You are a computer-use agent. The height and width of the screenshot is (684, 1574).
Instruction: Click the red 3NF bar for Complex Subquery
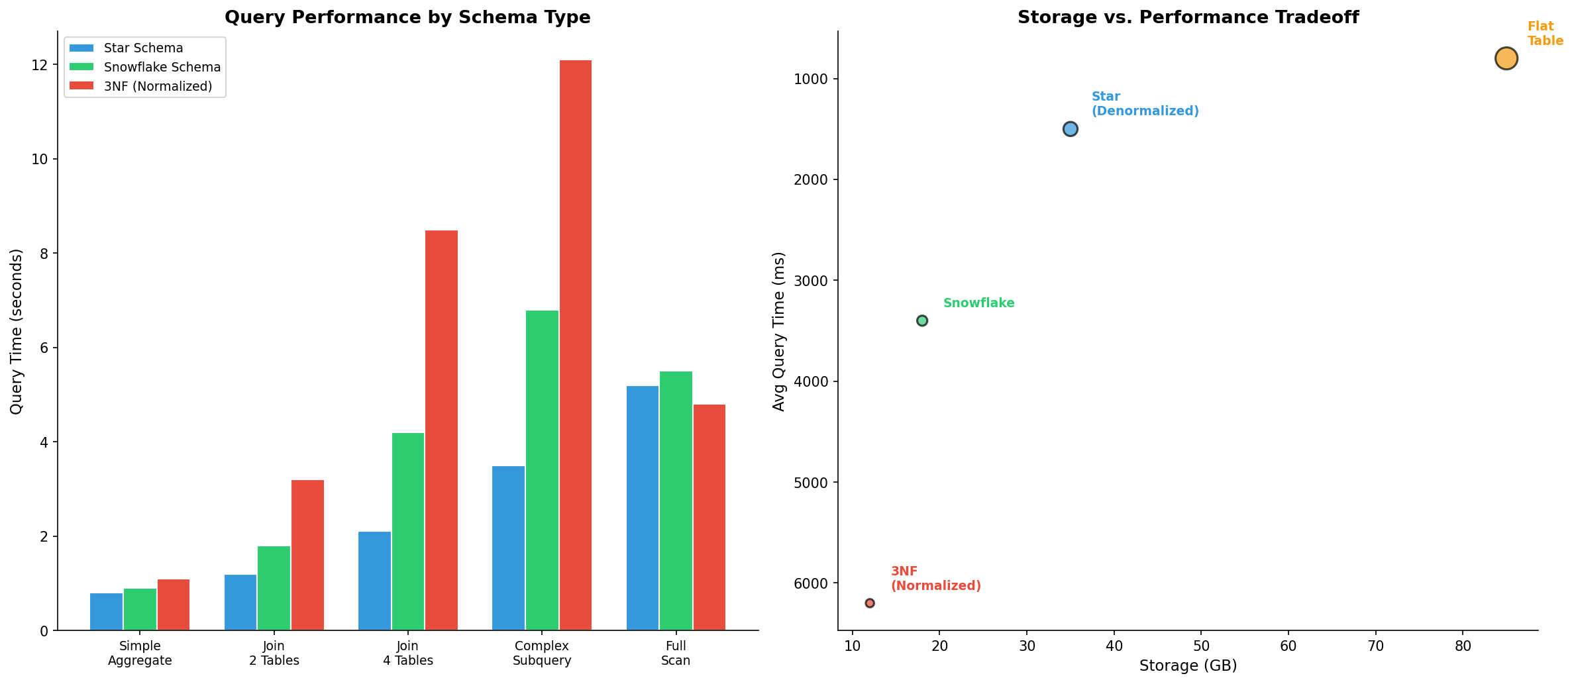pos(575,345)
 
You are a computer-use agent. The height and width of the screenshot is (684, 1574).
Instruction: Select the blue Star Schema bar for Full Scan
pos(642,508)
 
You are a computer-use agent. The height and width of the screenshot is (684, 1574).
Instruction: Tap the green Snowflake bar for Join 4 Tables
pos(408,532)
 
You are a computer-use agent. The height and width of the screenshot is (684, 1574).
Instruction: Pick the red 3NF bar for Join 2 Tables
pos(307,555)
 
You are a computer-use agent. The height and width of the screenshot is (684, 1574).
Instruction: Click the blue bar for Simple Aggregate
pos(106,612)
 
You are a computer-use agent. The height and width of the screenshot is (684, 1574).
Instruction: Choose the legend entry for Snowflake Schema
pos(162,68)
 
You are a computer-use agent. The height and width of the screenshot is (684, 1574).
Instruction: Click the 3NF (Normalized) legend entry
pos(158,87)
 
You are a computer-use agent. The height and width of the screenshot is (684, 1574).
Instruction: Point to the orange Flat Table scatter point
pos(1506,58)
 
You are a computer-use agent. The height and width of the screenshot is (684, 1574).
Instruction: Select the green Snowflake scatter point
pos(921,320)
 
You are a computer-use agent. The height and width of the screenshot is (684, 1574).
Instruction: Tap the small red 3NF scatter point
pos(870,603)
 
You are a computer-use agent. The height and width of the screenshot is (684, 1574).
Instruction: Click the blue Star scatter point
pos(1070,129)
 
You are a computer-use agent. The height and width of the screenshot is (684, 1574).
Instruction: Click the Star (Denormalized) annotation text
pos(1145,104)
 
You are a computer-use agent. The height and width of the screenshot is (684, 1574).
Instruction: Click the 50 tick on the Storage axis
pos(1201,646)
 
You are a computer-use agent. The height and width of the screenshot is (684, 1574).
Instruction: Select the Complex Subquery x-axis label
pos(542,653)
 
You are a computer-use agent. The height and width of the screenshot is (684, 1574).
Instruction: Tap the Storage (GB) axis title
pos(1188,666)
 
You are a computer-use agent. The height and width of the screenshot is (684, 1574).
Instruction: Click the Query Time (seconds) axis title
pos(17,331)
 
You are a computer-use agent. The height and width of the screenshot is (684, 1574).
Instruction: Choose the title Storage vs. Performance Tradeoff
pos(1188,17)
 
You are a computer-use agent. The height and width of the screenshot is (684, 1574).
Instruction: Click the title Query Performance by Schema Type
pos(407,17)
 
